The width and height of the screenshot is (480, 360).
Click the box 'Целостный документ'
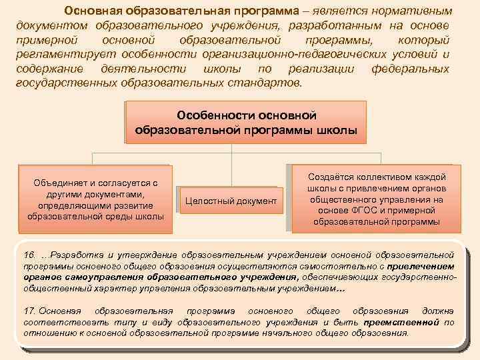(x=230, y=200)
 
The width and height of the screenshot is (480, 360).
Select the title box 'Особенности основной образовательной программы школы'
(x=245, y=122)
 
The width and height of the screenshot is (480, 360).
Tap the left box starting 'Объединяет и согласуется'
(x=95, y=199)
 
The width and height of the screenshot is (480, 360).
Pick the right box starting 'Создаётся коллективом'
(x=375, y=199)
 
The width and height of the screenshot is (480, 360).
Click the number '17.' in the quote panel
(x=29, y=311)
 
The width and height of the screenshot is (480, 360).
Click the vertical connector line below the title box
(x=231, y=155)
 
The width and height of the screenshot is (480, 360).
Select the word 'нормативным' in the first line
(x=417, y=11)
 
